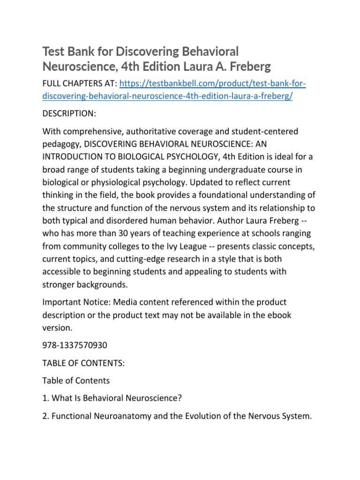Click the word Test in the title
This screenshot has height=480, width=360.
click(53, 51)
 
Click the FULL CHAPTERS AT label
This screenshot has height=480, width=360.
click(79, 84)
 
